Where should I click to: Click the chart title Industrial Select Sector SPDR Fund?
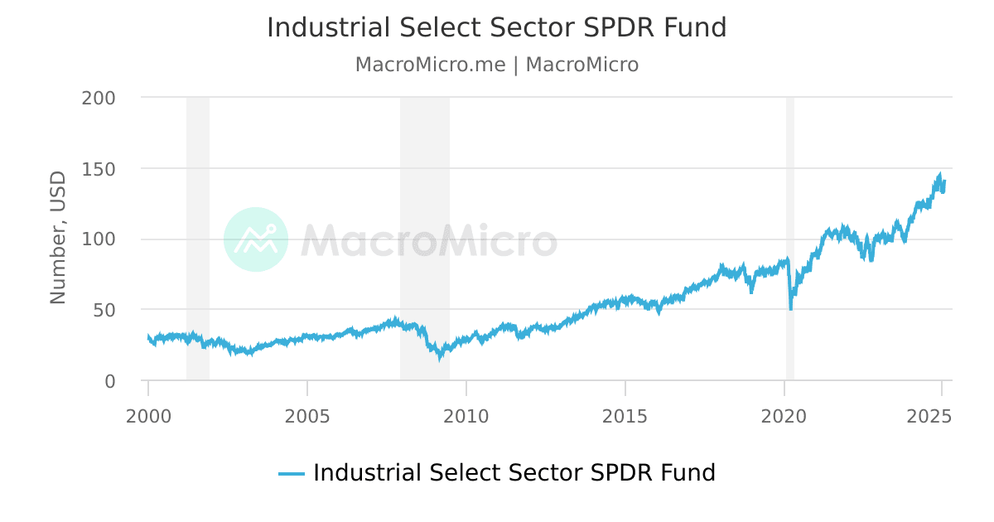496,27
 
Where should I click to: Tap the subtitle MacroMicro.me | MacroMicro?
496,65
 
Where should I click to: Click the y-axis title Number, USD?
58,238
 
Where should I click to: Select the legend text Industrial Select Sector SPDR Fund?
514,473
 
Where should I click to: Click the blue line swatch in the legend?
292,474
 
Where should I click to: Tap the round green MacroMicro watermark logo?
256,239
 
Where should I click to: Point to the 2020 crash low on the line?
791,308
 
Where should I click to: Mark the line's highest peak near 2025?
940,175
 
